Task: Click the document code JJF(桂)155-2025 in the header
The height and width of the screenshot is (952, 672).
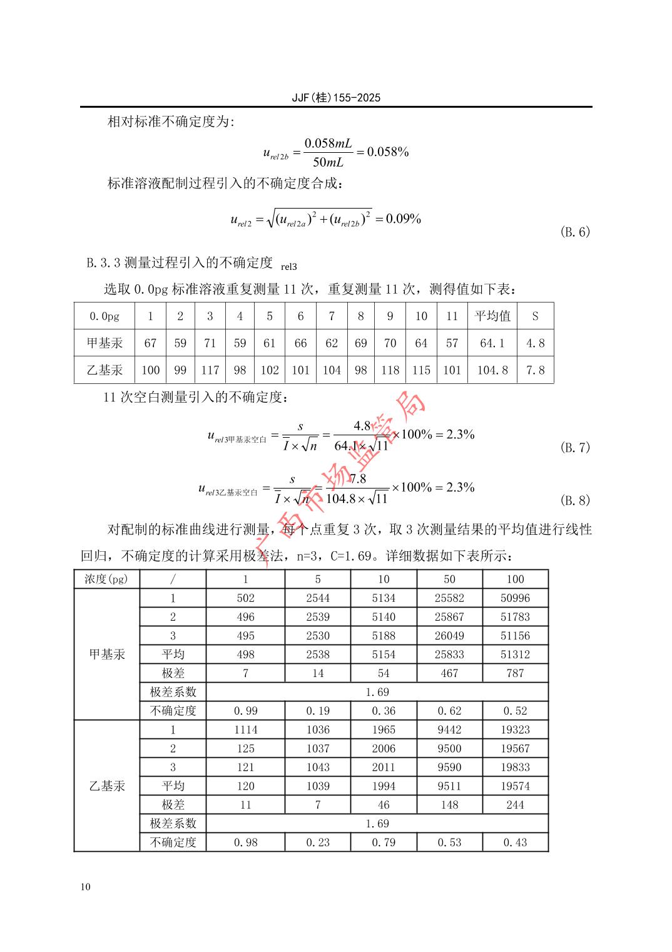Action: [x=336, y=98]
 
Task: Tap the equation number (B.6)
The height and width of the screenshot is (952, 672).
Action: [x=574, y=232]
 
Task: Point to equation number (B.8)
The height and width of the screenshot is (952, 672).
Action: [x=574, y=500]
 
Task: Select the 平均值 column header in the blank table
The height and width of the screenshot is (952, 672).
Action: [x=492, y=316]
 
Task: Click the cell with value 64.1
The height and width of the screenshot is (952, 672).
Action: [x=492, y=343]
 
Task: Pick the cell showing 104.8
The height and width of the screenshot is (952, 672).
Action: [x=492, y=370]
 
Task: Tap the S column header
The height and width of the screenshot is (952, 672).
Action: [x=535, y=316]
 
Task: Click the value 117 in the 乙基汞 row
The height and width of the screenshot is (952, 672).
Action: [x=210, y=370]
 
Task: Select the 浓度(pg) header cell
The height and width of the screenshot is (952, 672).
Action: [x=106, y=579]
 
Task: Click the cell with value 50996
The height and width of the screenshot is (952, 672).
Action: [x=515, y=598]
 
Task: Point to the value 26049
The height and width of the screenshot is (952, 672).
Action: [x=449, y=636]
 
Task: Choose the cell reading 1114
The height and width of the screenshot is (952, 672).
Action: [x=245, y=730]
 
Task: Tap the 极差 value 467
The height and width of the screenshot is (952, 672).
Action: [x=449, y=673]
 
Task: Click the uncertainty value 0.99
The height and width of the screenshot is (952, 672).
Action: [x=245, y=711]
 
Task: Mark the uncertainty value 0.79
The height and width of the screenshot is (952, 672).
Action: [x=384, y=842]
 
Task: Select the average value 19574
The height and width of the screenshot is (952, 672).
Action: [x=515, y=786]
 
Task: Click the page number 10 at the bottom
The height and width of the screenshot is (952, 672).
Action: [x=85, y=887]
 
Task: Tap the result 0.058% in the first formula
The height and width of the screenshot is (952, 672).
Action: [x=388, y=152]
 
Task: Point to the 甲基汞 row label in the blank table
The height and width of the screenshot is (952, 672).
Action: [x=104, y=343]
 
